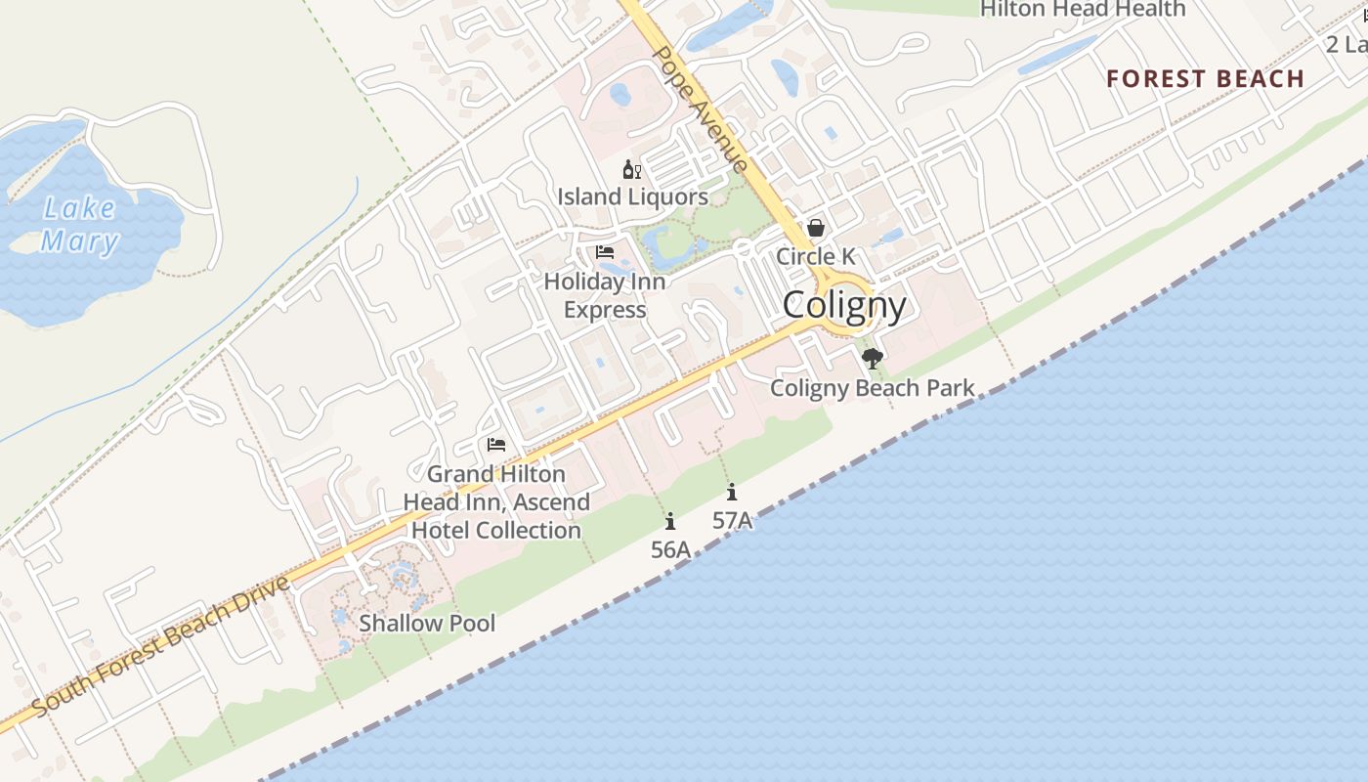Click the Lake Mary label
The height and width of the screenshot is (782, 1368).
(x=80, y=225)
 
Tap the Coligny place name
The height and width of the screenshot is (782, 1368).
(x=844, y=305)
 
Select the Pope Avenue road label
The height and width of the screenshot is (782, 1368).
(x=700, y=108)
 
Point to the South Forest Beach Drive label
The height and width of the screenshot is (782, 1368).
(x=161, y=646)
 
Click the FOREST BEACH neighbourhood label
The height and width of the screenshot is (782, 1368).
(x=1205, y=79)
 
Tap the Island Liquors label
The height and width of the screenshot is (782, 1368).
(x=632, y=196)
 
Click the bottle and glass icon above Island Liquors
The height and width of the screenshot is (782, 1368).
(x=632, y=170)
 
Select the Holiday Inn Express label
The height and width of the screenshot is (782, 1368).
(x=605, y=295)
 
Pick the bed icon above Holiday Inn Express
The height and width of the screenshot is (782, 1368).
(x=605, y=252)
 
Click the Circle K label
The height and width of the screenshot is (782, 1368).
(x=815, y=256)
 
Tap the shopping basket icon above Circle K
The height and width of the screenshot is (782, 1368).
(x=815, y=228)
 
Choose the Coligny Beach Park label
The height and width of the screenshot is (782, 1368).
(x=872, y=388)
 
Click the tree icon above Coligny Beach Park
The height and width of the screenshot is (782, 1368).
(x=872, y=359)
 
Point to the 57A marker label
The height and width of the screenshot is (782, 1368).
(x=732, y=521)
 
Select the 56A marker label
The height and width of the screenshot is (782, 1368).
(x=670, y=550)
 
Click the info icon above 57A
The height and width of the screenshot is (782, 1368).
(x=732, y=493)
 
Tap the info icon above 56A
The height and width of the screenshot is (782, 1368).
(x=670, y=522)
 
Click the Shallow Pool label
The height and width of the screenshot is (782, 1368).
(x=427, y=623)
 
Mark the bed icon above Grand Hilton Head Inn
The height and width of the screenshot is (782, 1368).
(x=496, y=445)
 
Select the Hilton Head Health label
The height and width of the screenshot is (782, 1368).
(x=1083, y=9)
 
